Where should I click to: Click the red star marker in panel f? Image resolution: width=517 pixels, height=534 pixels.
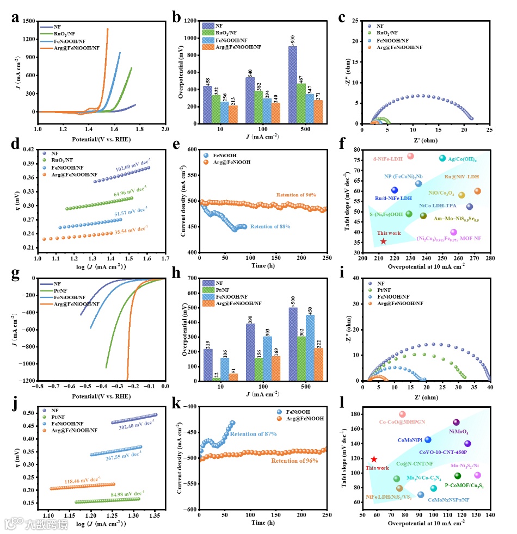pyautogui.click(x=383, y=241)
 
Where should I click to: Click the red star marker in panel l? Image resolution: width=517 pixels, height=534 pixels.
pyautogui.click(x=374, y=460)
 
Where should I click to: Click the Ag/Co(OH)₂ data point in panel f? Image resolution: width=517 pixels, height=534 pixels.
pyautogui.click(x=442, y=158)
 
